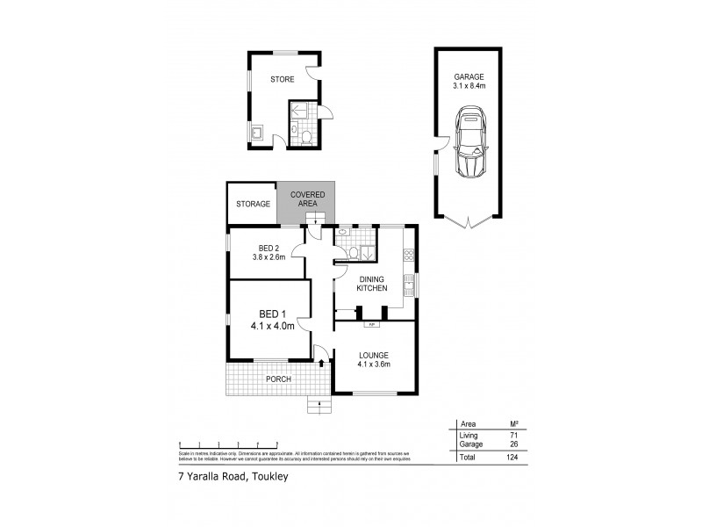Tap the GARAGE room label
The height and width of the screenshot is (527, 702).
(x=469, y=76)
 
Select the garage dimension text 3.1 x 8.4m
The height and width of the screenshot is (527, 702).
(x=469, y=86)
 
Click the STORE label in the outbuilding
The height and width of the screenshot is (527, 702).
(x=282, y=78)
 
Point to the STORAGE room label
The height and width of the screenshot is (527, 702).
(x=252, y=204)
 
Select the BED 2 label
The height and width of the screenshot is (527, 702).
(x=269, y=247)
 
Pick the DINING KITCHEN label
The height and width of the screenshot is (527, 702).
(x=371, y=284)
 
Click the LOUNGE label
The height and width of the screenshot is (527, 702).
(x=373, y=354)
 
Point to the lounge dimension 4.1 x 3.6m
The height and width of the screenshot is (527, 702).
(x=373, y=364)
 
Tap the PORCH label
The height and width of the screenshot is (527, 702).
(x=279, y=379)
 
